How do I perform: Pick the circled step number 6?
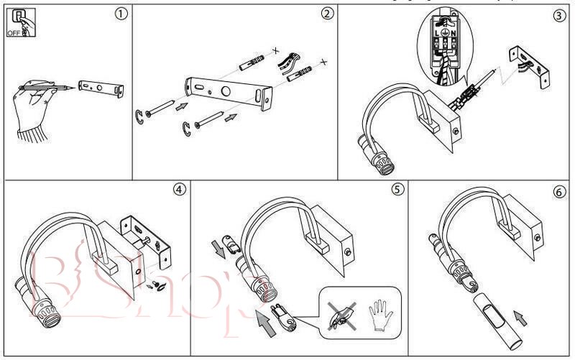(x=558, y=192)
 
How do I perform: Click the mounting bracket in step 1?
(x=101, y=88)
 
